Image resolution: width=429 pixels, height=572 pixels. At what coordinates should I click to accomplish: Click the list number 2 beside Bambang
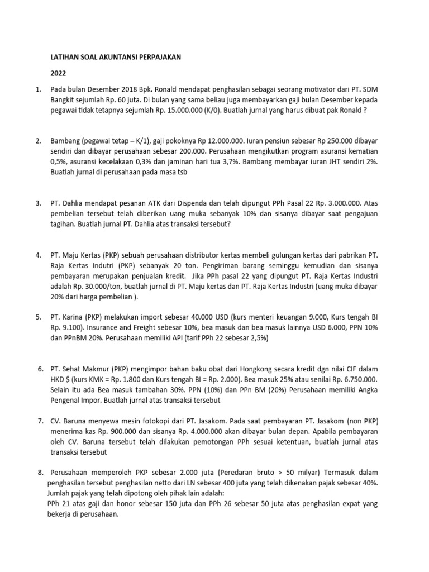click(37, 142)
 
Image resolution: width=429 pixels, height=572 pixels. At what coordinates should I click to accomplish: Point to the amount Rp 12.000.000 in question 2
click(203, 142)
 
